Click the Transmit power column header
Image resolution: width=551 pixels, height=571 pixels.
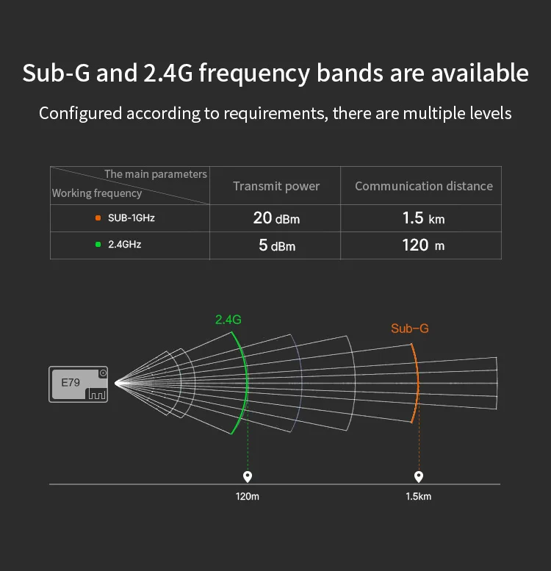276,186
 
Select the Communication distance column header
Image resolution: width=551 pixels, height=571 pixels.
424,186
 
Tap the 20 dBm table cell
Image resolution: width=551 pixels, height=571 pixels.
276,218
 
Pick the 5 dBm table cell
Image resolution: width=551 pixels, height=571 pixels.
276,245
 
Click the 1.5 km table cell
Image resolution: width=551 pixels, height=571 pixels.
424,218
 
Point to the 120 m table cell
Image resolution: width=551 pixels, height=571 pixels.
424,245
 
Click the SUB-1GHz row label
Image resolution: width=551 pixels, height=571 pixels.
132,218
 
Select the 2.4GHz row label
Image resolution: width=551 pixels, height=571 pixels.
124,244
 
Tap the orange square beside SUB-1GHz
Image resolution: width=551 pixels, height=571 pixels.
97,218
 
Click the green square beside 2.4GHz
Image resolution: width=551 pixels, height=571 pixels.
97,244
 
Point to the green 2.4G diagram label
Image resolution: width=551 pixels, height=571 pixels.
228,320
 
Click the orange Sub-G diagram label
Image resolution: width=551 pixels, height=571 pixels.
409,328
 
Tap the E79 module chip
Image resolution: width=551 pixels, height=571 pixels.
79,384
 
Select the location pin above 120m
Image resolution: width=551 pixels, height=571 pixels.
248,476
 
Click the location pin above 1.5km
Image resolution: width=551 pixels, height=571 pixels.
419,476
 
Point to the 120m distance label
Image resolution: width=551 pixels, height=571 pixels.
248,497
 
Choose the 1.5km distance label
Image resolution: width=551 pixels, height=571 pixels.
419,497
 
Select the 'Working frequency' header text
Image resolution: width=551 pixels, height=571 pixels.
96,193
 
